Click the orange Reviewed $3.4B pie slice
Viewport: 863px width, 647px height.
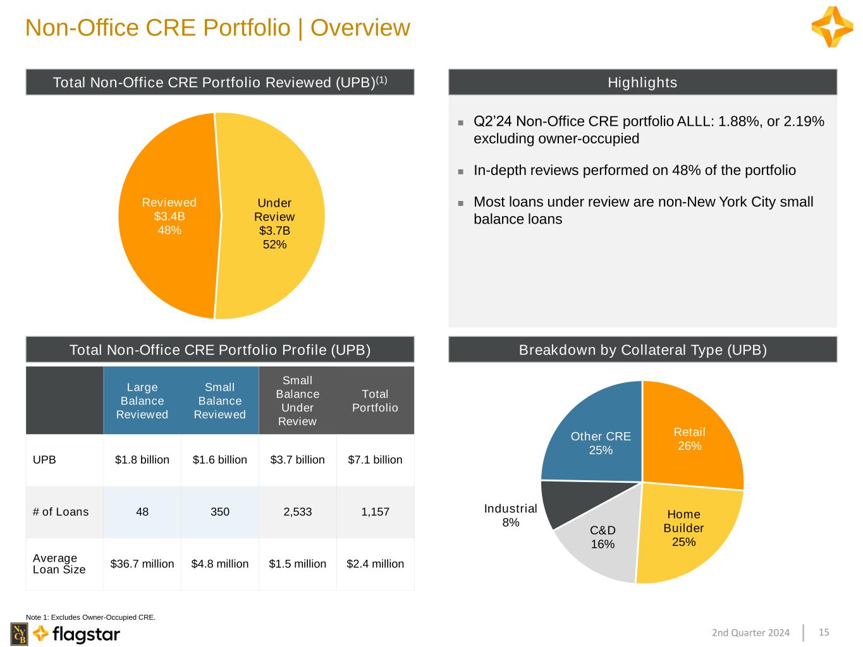click(x=169, y=216)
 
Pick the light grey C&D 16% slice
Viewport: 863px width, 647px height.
click(x=601, y=542)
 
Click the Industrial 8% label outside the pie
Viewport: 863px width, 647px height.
click(x=510, y=515)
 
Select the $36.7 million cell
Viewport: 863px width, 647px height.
click(x=142, y=564)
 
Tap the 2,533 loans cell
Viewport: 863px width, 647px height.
click(x=297, y=512)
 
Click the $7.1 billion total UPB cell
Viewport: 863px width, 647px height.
click(x=375, y=459)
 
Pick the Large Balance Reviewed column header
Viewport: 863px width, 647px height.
click(x=142, y=401)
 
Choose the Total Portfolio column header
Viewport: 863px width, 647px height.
click(x=375, y=401)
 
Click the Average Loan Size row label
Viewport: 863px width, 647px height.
click(x=59, y=564)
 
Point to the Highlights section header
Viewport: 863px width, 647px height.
click(x=642, y=82)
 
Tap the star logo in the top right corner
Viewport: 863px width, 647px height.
click(x=832, y=27)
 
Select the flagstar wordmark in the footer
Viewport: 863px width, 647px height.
click(x=86, y=634)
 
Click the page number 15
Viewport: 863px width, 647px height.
click(x=824, y=632)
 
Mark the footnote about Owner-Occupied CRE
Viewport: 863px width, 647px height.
click(x=90, y=617)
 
